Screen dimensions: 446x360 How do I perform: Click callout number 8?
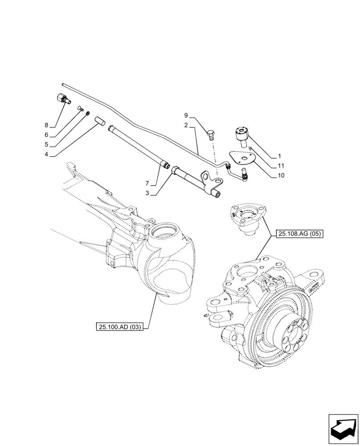click(46, 125)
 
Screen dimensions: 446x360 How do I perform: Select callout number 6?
click(46, 135)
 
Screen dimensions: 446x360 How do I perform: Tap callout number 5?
click(46, 145)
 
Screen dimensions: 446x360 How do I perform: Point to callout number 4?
click(46, 155)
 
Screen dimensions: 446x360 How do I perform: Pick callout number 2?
click(187, 126)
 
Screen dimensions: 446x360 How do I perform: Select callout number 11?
click(280, 165)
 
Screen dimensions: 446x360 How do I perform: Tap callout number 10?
click(280, 175)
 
